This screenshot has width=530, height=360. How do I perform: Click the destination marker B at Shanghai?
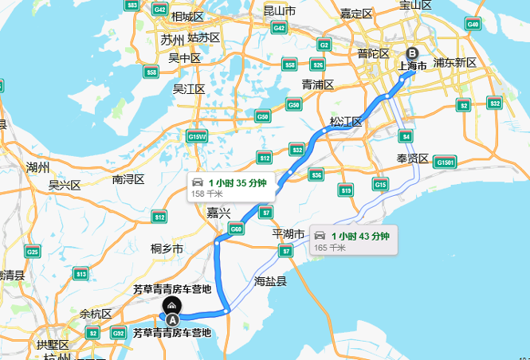click(411, 53)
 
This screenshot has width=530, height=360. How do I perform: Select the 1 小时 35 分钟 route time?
click(237, 182)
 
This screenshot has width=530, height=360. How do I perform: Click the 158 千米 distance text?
click(206, 194)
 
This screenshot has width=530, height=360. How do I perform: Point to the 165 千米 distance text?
click(329, 248)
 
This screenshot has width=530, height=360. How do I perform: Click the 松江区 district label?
click(346, 122)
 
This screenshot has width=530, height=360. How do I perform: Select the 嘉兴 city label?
click(218, 213)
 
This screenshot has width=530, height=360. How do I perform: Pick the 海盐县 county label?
click(270, 281)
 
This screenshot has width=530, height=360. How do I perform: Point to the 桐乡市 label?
click(167, 248)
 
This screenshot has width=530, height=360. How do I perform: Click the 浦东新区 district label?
click(454, 62)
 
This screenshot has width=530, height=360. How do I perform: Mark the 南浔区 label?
click(128, 179)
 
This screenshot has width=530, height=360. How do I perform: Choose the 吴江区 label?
click(190, 88)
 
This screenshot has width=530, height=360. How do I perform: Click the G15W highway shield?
click(198, 137)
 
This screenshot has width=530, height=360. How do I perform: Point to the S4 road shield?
click(405, 135)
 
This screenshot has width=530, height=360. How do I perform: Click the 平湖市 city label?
click(289, 234)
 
